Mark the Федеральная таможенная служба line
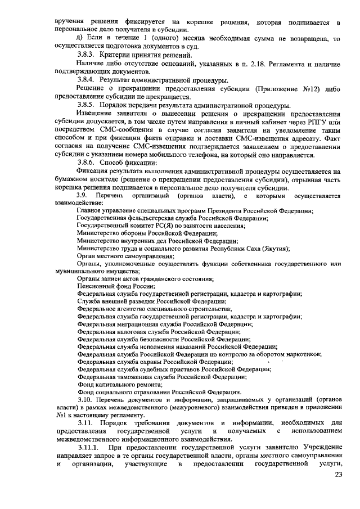157,376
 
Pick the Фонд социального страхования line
159,391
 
